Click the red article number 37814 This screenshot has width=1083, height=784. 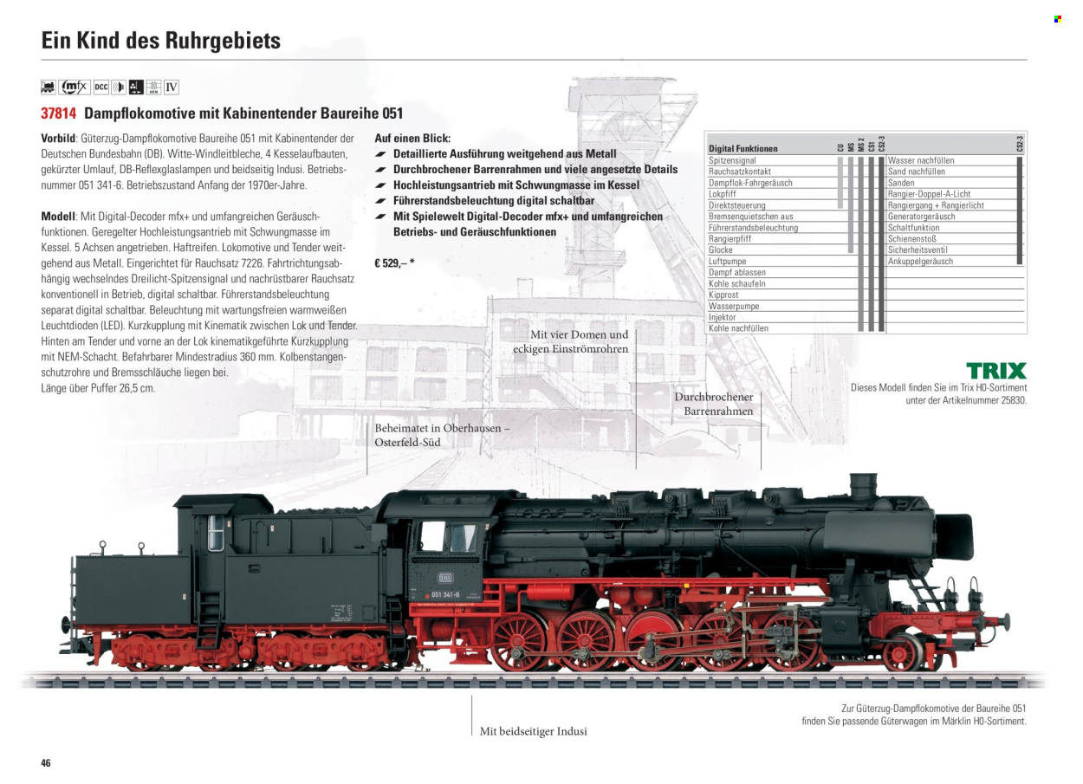tap(59, 113)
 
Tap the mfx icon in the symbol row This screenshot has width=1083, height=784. tap(75, 87)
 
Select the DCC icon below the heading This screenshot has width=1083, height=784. tap(101, 87)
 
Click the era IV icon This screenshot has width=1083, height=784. tap(172, 87)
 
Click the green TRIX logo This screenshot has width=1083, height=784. tap(996, 371)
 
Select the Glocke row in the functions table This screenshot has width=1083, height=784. tap(720, 249)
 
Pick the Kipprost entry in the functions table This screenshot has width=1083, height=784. tap(723, 295)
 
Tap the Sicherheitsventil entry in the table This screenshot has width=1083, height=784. tap(918, 249)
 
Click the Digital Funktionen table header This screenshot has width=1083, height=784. tap(743, 149)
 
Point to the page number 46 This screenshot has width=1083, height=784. tap(46, 762)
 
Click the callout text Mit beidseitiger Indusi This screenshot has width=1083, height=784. tap(534, 731)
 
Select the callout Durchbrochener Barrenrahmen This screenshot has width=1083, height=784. tap(714, 404)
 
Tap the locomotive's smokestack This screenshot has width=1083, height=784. tap(863, 486)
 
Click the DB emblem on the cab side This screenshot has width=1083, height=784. tap(444, 578)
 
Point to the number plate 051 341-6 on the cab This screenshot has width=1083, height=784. tap(445, 594)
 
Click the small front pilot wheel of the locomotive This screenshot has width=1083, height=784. tap(902, 652)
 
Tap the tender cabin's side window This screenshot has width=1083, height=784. tap(216, 533)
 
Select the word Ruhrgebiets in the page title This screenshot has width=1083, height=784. tap(223, 41)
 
